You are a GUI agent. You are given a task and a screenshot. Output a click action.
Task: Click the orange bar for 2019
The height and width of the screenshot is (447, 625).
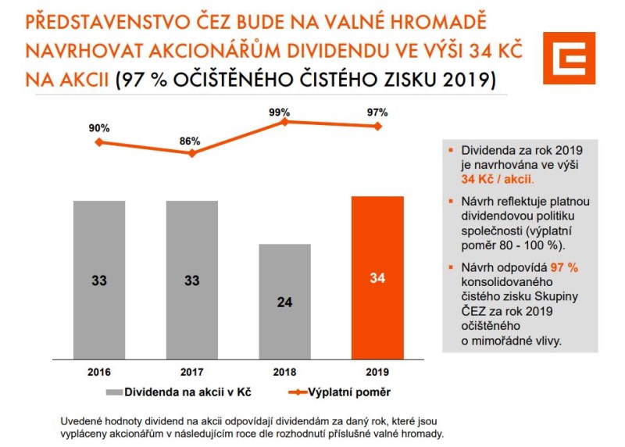coord(377,277)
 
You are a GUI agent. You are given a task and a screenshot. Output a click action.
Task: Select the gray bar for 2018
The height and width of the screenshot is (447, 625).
coord(284,301)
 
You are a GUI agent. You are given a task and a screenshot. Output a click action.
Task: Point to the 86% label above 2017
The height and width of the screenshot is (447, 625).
coord(191,142)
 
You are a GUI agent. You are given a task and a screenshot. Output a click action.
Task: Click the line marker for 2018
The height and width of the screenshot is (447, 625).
coord(284,122)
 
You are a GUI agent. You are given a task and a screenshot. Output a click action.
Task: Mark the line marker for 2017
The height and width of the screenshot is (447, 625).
coord(192,153)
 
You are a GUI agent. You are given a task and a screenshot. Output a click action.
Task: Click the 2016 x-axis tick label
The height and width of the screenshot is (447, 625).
coord(99,371)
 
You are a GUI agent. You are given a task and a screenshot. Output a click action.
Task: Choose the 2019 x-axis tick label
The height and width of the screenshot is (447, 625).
coord(377,371)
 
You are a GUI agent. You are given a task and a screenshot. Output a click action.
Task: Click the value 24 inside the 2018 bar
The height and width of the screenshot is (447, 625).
coord(284,302)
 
